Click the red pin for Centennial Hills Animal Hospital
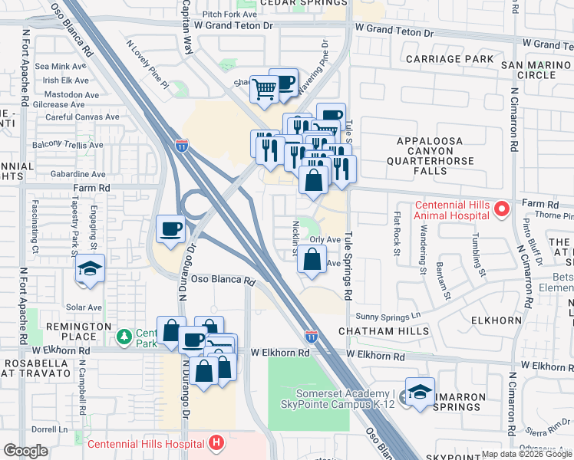pos(501,208)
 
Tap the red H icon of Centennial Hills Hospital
pos(217,443)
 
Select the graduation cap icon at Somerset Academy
pos(420,393)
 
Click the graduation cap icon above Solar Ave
pos(91,269)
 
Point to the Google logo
pos(25,451)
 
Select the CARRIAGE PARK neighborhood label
pos(449,59)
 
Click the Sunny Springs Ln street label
pos(388,315)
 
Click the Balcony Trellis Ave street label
pos(67,145)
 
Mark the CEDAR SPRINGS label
pos(299,3)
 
